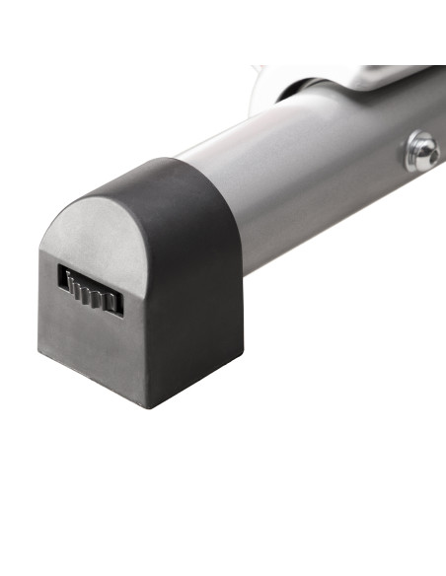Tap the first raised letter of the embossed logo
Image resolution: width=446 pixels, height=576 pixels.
point(69,282)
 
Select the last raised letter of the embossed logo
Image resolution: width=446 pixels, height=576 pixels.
point(113,301)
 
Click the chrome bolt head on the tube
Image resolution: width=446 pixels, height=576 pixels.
point(422,151)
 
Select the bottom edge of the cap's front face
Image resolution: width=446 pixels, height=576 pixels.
point(94,380)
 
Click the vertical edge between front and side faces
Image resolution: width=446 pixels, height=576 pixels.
point(149,335)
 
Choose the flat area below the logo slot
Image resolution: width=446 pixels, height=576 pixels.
point(94,340)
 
